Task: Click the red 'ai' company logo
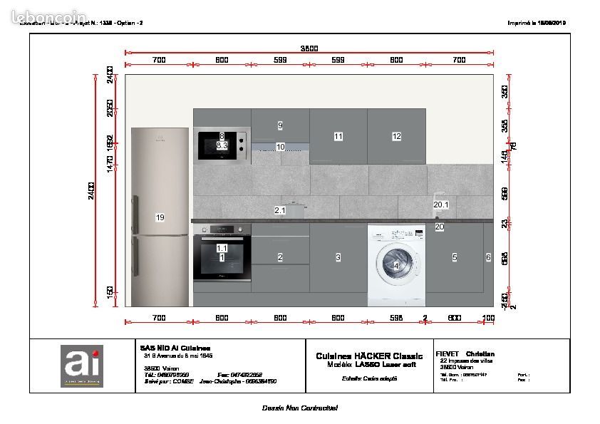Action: tap(81, 366)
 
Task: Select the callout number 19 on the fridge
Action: tap(160, 217)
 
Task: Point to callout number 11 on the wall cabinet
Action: tap(338, 136)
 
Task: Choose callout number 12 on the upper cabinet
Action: tap(397, 136)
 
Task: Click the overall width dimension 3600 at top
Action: tap(309, 48)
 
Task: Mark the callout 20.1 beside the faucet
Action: tap(441, 205)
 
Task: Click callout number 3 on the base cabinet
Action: tap(338, 257)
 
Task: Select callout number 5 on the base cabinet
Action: tap(455, 257)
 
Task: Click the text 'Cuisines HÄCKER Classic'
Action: tap(369, 356)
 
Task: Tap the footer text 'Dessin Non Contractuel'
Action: tap(299, 408)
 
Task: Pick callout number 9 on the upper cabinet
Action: tap(280, 125)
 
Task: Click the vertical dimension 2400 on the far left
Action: tap(91, 191)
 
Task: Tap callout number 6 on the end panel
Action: tap(488, 257)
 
